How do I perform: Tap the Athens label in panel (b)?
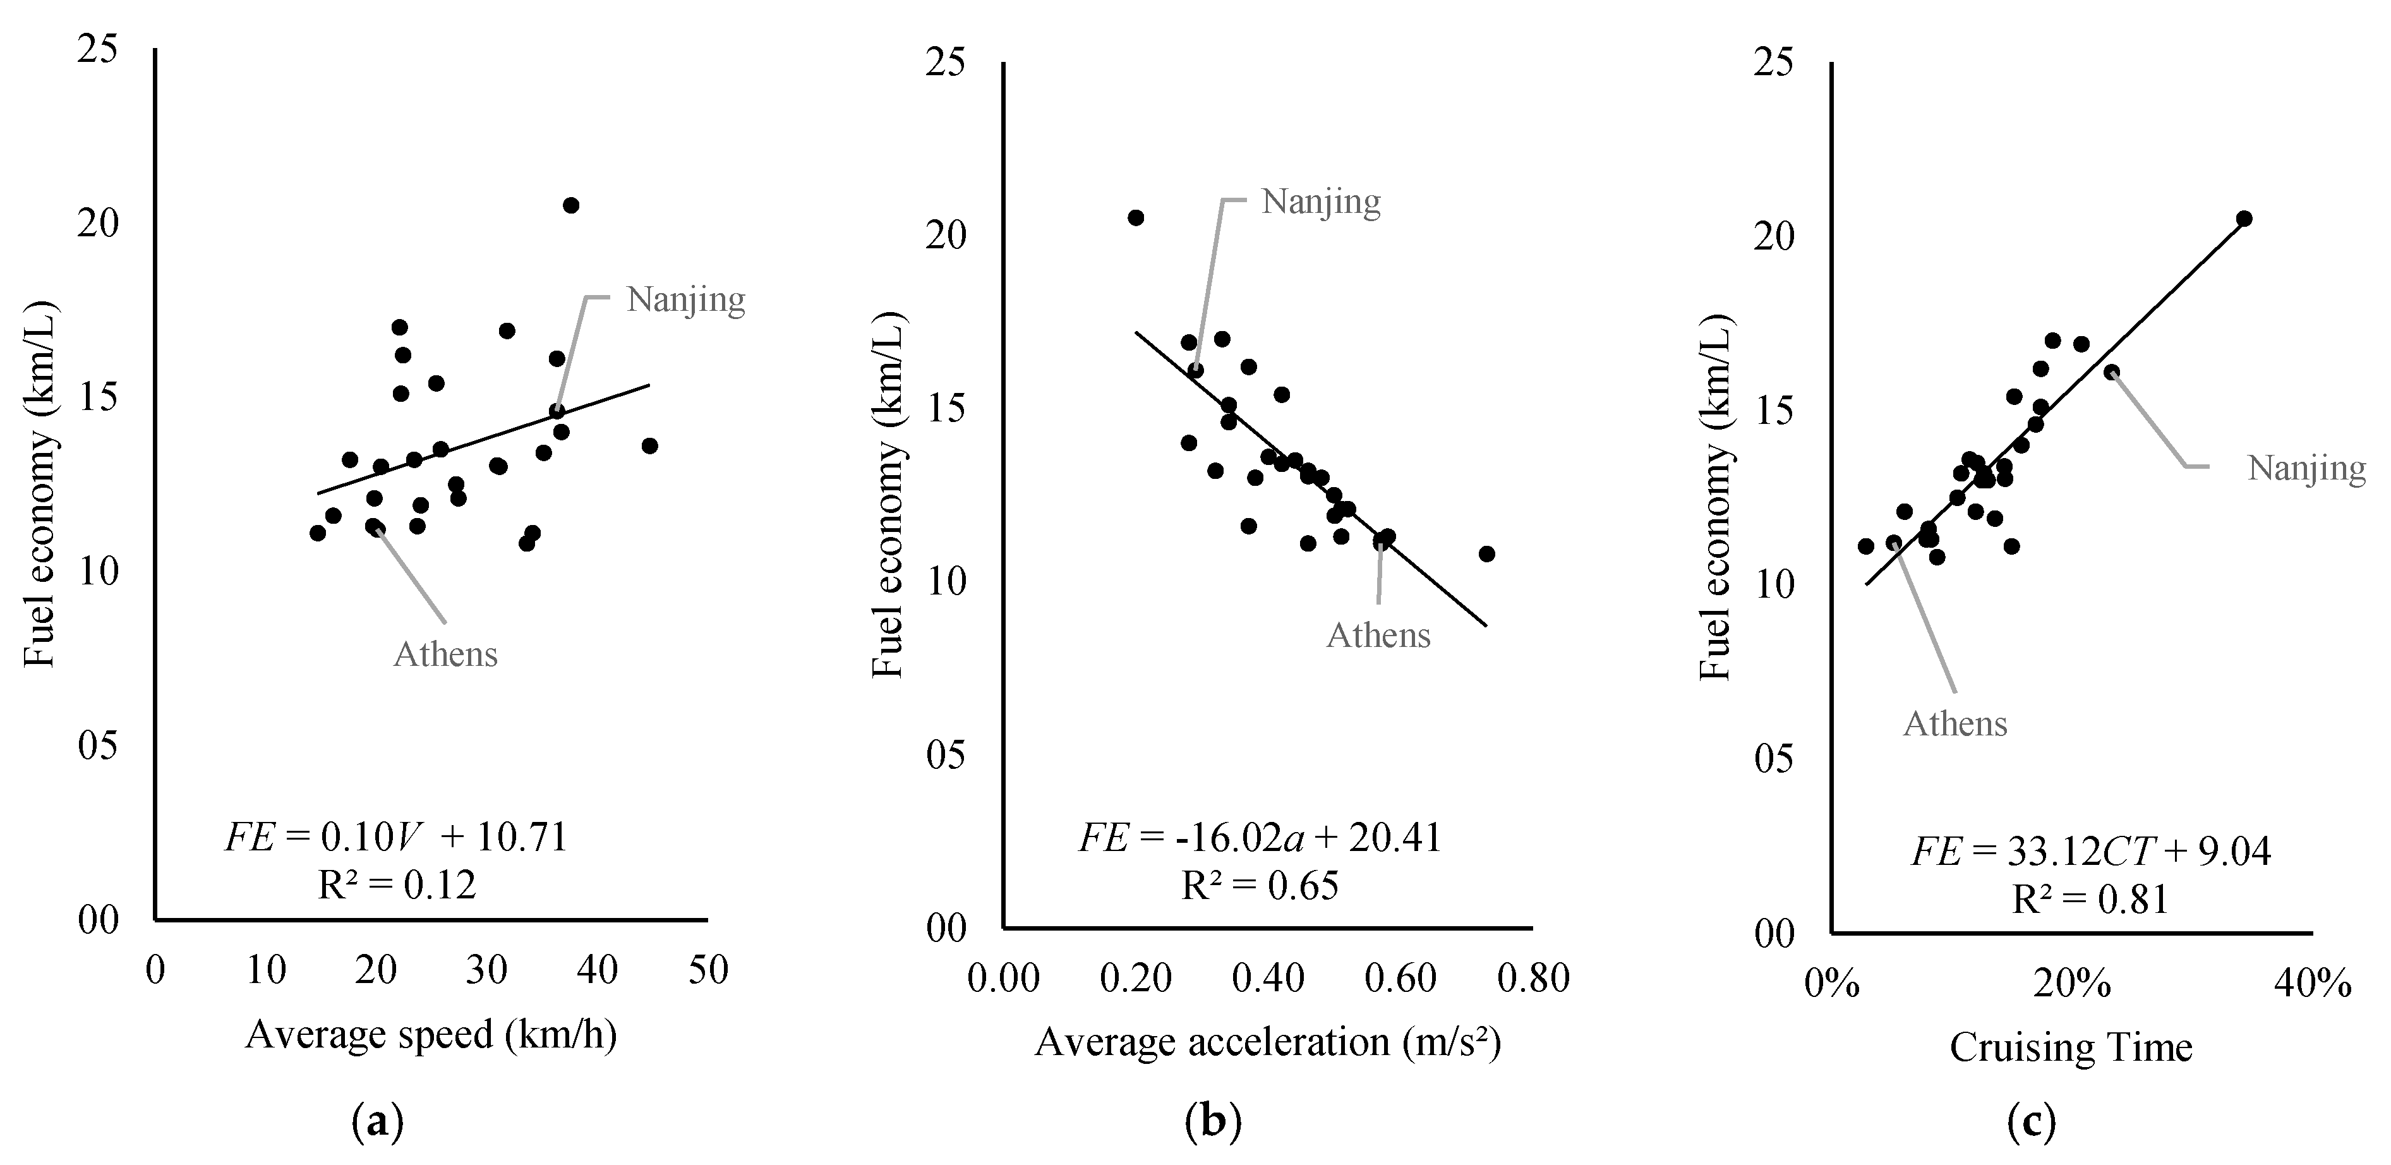point(1378,636)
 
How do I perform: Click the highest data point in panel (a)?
point(571,205)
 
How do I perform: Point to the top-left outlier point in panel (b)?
point(1135,218)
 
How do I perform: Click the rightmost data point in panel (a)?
point(650,445)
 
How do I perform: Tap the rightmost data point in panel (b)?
point(1487,554)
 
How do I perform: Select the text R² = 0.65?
point(1260,886)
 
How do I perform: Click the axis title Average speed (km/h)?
point(431,1035)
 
